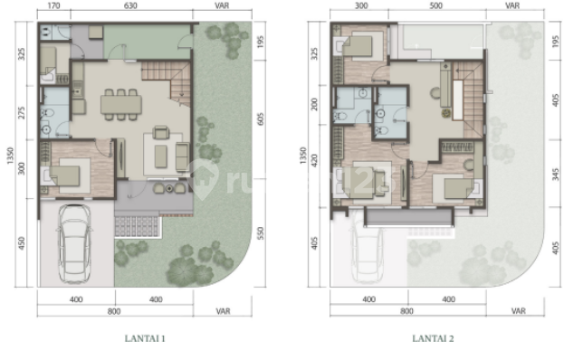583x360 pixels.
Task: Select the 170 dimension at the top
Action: (x=53, y=5)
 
